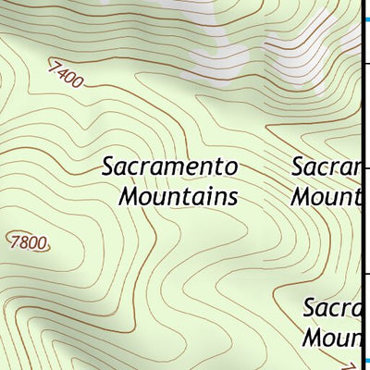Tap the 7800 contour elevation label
30,243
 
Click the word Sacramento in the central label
170,167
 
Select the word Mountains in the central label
178,196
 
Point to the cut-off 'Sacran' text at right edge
326,167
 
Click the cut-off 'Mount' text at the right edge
325,196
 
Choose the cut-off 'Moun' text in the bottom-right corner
331,336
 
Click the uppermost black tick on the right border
365,63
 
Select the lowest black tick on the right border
365,273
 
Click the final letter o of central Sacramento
232,168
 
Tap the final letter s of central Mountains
231,197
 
